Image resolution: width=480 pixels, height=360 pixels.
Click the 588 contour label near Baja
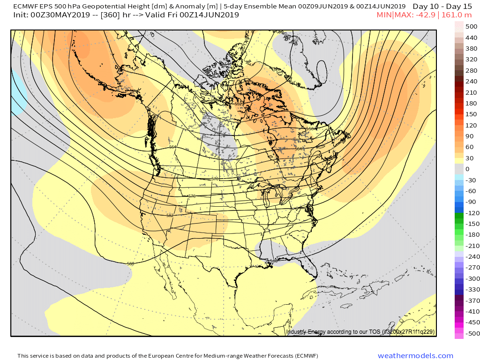(130, 264)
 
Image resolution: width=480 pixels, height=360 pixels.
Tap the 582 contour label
(170, 216)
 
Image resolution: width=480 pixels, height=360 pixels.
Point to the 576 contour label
(191, 196)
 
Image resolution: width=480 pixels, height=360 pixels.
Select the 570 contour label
(215, 179)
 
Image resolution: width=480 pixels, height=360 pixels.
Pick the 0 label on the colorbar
(467, 169)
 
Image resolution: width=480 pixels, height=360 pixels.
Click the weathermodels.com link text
(415, 356)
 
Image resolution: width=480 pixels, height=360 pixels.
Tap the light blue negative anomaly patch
(18, 94)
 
